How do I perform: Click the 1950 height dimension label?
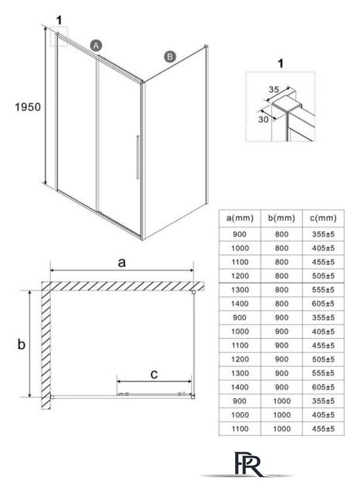28,107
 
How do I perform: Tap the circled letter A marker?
96,45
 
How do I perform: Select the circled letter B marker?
170,56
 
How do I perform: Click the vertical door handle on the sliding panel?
137,157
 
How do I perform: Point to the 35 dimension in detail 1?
274,89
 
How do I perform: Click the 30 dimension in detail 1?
263,119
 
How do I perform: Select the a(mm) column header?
240,218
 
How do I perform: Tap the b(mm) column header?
281,218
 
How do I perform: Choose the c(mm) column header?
323,218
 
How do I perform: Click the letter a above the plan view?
122,262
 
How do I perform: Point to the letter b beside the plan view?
21,344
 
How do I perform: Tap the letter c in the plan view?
154,374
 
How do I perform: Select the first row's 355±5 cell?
323,234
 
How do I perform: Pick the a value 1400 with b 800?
240,304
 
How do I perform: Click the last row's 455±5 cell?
323,428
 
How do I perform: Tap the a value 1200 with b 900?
240,359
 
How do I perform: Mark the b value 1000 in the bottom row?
281,428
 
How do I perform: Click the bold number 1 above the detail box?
281,63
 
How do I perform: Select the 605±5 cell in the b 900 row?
323,387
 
